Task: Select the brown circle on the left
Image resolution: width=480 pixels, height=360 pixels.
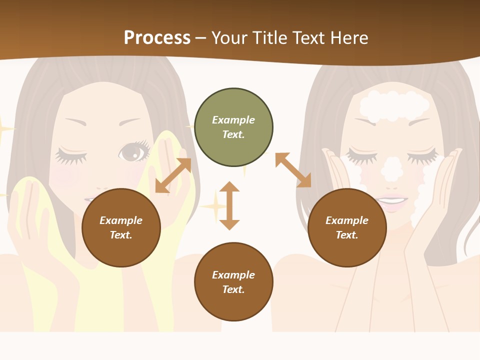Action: [121, 227]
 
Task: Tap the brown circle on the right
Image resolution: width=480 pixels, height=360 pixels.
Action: [347, 227]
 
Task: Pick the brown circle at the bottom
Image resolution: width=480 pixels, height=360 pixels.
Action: [233, 282]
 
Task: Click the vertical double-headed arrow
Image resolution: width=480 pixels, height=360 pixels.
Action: [229, 205]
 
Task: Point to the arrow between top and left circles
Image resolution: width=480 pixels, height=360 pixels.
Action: [173, 175]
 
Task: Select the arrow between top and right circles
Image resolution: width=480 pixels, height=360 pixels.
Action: [293, 170]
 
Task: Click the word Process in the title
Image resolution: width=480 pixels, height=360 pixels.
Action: [157, 37]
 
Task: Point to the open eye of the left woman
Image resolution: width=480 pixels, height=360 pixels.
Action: [133, 151]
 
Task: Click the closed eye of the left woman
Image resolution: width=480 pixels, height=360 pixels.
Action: [71, 154]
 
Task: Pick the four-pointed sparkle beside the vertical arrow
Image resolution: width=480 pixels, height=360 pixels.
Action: [213, 206]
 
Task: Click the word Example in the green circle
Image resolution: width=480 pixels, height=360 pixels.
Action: [233, 120]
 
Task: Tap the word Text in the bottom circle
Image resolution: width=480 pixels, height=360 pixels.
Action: [232, 289]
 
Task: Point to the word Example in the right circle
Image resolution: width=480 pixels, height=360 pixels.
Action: [347, 220]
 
